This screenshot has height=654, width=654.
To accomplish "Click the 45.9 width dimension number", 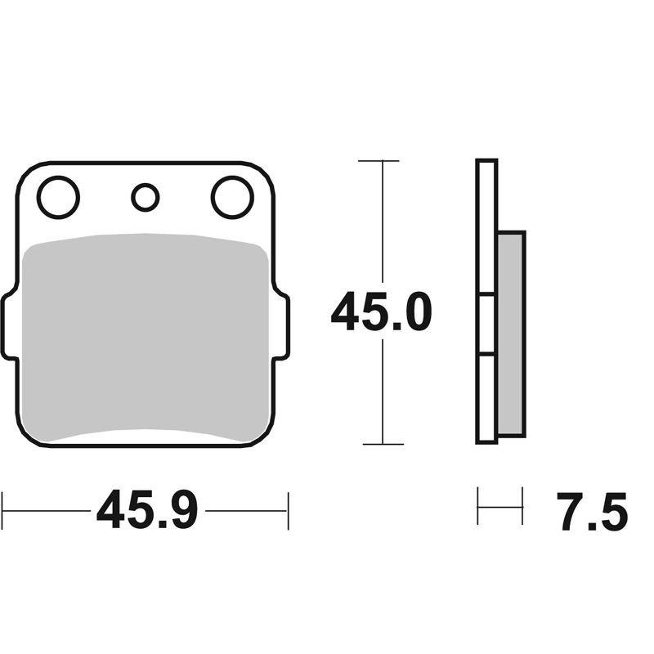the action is point(147,510).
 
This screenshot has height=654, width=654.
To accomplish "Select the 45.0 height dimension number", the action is point(381,311).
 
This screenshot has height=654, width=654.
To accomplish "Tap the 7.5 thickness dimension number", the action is point(592,512).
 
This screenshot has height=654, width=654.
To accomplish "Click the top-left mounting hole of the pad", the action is point(58,197).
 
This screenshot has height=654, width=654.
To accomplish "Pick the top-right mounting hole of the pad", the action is point(232,197).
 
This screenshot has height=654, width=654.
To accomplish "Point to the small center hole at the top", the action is point(146,197).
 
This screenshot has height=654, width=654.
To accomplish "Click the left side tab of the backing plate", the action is point(9,326).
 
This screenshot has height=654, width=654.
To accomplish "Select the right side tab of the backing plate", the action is point(281,326).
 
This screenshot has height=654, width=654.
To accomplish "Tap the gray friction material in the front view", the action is point(146,338).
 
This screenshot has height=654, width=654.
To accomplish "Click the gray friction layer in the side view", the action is point(512,334).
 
